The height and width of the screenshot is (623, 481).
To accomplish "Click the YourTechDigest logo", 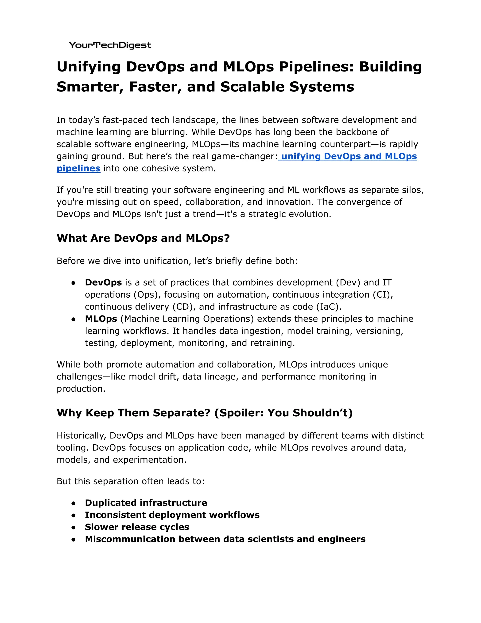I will click(x=110, y=45).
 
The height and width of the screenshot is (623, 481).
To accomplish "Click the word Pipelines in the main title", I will click(x=316, y=67).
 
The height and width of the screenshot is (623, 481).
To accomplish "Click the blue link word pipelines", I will click(x=78, y=168).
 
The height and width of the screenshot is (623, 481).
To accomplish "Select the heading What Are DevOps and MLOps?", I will click(x=143, y=238).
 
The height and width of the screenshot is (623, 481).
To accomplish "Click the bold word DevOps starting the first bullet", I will click(x=103, y=282).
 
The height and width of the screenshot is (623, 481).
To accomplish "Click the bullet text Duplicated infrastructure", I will click(x=146, y=503).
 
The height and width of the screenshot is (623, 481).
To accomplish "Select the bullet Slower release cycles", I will click(x=137, y=527).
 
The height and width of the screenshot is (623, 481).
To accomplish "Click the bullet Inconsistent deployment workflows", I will click(x=172, y=515).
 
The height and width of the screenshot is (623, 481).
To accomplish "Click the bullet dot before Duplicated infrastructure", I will click(x=74, y=503).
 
